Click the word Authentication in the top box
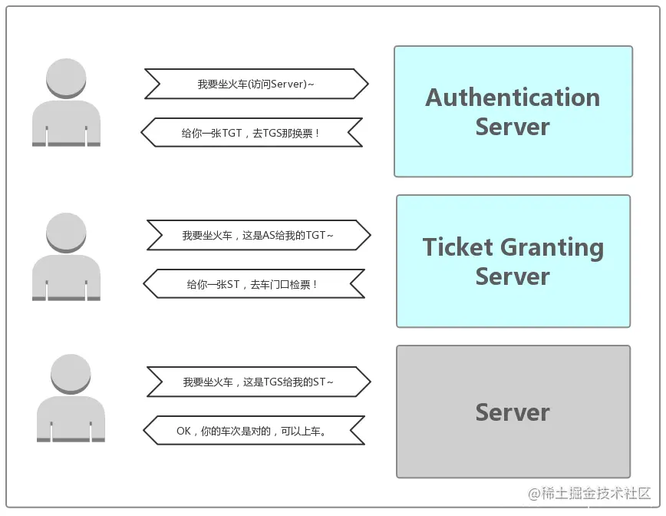(513, 98)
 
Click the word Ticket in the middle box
(458, 247)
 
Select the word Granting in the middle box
(552, 249)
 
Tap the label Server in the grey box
(513, 412)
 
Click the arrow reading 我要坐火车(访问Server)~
(256, 84)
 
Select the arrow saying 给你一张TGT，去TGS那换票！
(252, 133)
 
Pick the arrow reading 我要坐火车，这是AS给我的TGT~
(259, 235)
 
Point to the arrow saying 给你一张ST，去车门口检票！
(254, 283)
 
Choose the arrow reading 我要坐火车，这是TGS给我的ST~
(259, 382)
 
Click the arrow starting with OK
(254, 431)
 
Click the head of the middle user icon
(66, 233)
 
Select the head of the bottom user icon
(71, 375)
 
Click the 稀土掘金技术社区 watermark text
(596, 494)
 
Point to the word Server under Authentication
(513, 127)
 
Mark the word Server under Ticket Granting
(513, 276)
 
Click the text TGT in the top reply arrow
(232, 133)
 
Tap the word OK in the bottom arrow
(183, 431)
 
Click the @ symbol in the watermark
(534, 494)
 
